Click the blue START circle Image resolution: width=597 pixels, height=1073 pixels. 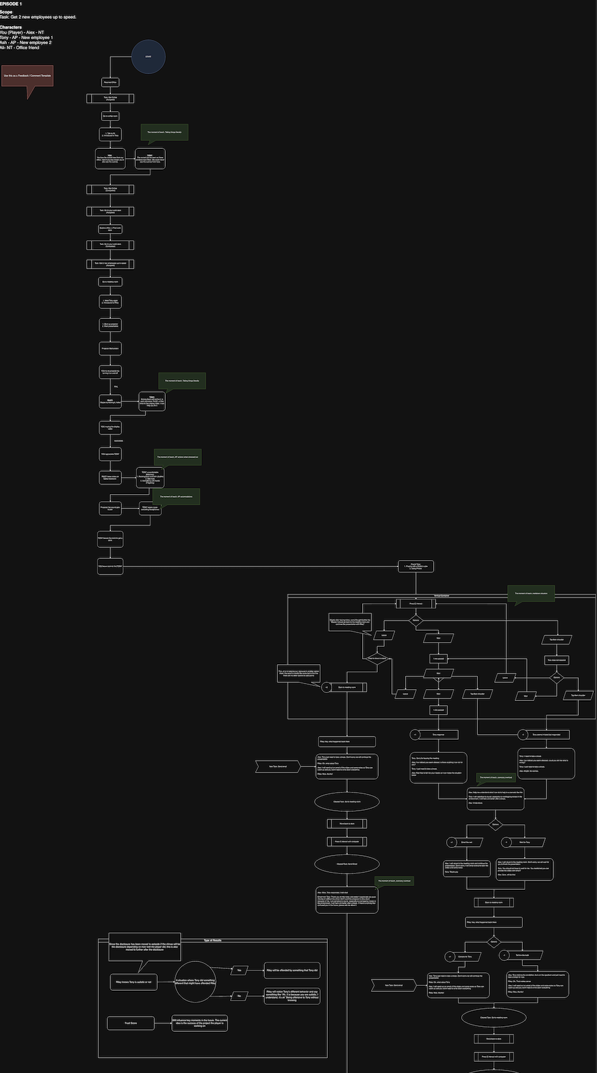click(148, 57)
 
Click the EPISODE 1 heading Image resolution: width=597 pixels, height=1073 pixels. click(11, 4)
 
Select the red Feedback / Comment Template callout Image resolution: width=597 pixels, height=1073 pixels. click(27, 76)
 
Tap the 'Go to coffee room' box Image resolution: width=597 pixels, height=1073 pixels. click(110, 116)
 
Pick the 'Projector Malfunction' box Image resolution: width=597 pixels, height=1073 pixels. click(110, 348)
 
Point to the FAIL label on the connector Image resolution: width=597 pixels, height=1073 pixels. click(116, 387)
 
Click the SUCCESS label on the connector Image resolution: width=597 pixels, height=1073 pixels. click(118, 441)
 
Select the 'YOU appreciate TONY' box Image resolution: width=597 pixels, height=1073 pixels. click(110, 454)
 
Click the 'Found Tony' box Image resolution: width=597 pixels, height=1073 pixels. click(416, 566)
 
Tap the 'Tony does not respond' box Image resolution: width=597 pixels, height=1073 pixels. click(556, 660)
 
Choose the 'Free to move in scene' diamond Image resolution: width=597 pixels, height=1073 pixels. click(377, 659)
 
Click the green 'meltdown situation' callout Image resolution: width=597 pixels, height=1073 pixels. click(531, 594)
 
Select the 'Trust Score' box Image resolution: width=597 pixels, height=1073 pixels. click(130, 1023)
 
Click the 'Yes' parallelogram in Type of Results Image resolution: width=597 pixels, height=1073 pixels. click(239, 970)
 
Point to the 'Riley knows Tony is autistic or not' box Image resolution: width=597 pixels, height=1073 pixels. click(133, 982)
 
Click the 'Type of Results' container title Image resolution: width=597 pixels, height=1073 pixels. click(213, 940)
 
